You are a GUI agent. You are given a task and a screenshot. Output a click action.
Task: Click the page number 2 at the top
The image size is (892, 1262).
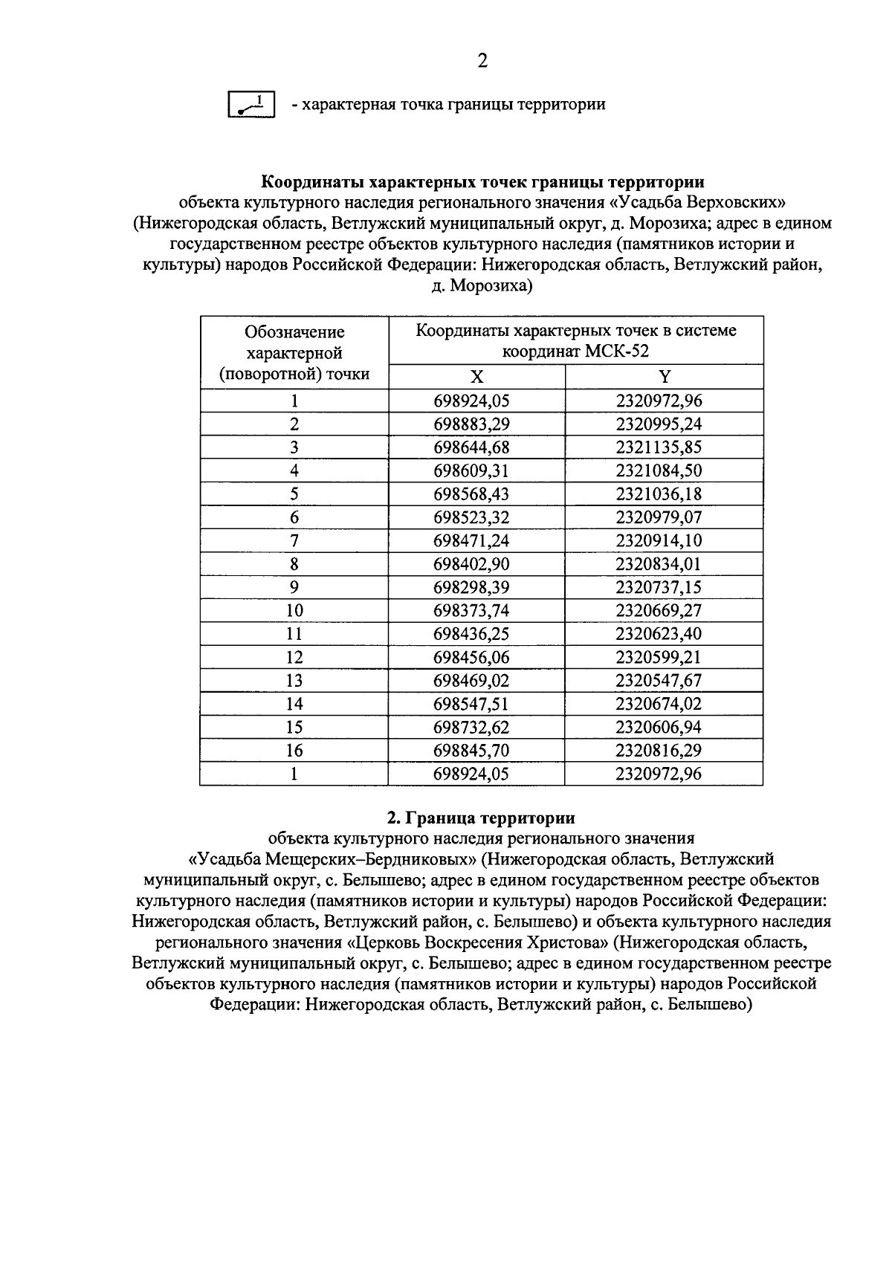[x=482, y=61]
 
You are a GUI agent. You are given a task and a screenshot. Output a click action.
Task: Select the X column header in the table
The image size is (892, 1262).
[x=476, y=377]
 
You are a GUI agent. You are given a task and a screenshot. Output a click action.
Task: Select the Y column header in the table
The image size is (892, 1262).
[x=664, y=377]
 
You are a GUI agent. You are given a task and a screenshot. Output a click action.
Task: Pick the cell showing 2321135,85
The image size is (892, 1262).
[x=659, y=447]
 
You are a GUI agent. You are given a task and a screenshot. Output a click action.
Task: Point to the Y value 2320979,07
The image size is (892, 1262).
[x=659, y=517]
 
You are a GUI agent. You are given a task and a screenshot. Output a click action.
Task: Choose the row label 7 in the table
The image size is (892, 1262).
[x=294, y=540]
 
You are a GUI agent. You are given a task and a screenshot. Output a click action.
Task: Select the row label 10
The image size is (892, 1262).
[x=294, y=611]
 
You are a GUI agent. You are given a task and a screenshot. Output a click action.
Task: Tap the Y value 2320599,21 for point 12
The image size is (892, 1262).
[x=659, y=657]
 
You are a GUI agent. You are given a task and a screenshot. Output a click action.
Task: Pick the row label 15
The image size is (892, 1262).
[x=294, y=727]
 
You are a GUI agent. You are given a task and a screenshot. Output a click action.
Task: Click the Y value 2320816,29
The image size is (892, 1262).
[x=659, y=751]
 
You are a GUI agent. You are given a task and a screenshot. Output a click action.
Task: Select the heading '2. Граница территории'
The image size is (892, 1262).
[x=482, y=818]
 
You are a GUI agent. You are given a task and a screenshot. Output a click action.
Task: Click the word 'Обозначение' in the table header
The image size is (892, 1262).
[x=295, y=331]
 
